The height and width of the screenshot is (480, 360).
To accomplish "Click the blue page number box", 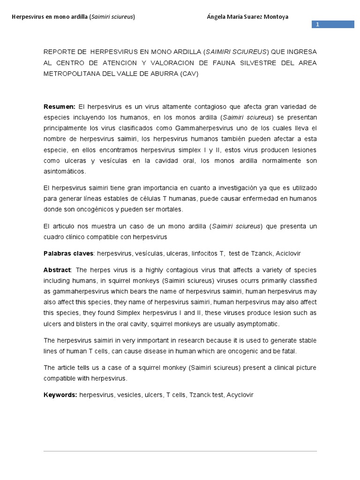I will pyautogui.click(x=333, y=24).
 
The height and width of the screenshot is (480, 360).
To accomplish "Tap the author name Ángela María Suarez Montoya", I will pyautogui.click(x=247, y=17).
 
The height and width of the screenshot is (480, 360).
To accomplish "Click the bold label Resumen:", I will pyautogui.click(x=60, y=106).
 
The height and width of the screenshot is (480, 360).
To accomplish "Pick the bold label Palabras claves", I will pyautogui.click(x=69, y=253).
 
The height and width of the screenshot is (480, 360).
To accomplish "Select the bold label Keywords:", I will pyautogui.click(x=60, y=395).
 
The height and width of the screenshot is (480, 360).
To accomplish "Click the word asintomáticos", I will pyautogui.click(x=65, y=171).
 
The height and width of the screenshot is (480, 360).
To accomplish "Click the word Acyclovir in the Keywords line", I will pyautogui.click(x=240, y=395).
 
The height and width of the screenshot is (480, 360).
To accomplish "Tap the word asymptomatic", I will pyautogui.click(x=257, y=324).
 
